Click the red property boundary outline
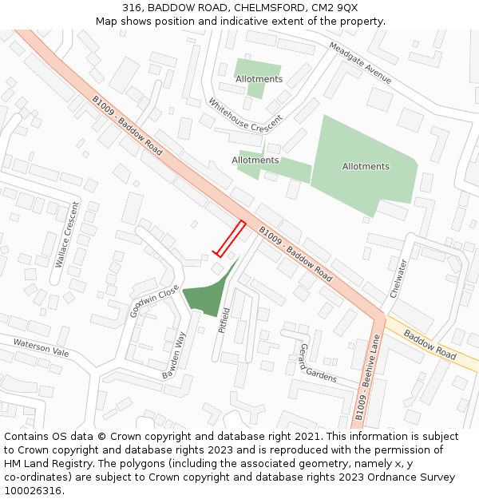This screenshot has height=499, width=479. click(229, 239)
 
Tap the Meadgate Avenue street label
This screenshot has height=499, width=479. click(360, 63)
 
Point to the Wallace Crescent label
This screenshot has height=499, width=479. click(64, 238)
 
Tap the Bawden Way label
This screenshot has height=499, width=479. click(175, 355)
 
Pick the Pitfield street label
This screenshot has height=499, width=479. click(225, 320)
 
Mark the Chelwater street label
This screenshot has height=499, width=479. click(398, 278)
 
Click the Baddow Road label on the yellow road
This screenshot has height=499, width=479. click(429, 343)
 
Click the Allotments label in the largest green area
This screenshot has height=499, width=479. click(366, 167)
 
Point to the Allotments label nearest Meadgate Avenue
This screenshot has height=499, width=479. click(259, 79)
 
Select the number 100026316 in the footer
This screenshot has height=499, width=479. click(34, 490)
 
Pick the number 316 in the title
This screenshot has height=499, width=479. click(132, 7)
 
